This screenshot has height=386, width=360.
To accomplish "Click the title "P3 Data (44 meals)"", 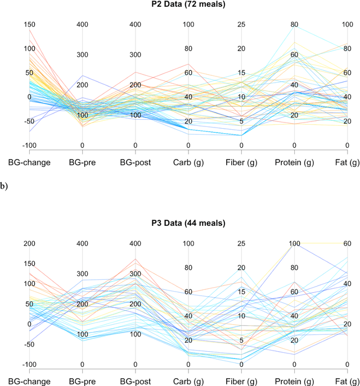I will [188, 223].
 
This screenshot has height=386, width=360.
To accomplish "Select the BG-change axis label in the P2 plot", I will [29, 163].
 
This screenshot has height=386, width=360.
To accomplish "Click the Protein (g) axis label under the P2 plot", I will [294, 163].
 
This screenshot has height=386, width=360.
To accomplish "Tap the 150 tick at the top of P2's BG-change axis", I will [29, 25].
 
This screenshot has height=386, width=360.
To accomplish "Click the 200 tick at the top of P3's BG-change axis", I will [29, 243].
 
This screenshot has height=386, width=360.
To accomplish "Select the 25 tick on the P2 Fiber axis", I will [241, 25].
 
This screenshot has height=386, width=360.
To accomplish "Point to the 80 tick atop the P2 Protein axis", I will [294, 25].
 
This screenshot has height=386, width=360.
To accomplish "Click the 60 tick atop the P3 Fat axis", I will [347, 243].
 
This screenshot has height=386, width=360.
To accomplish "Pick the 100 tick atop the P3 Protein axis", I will [294, 243].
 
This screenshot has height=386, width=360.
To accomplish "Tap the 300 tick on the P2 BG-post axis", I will [135, 55].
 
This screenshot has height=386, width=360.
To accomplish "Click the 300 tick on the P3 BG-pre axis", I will [82, 274].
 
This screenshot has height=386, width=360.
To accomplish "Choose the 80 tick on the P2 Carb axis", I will [188, 49].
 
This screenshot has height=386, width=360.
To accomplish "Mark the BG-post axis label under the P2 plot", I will [135, 163].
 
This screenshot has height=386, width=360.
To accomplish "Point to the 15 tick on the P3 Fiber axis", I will [241, 292].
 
